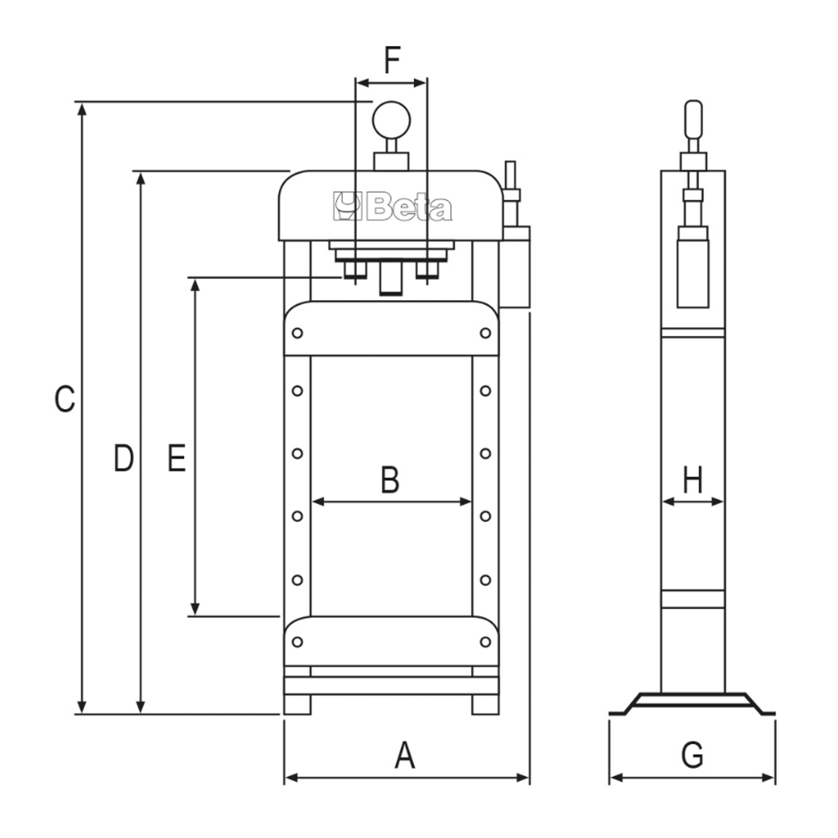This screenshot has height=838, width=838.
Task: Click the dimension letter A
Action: point(405,755)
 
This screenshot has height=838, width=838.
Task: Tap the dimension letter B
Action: point(391,479)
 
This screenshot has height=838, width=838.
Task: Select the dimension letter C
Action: point(65,399)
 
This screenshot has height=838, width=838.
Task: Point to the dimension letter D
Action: point(123,458)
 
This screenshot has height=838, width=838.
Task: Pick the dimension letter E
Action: point(176,458)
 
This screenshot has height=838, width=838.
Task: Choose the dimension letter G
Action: point(692,755)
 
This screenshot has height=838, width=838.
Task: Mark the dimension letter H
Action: point(693,479)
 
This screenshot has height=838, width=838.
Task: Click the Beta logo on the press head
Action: point(392,207)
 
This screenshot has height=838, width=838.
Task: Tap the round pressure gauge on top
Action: point(391,120)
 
